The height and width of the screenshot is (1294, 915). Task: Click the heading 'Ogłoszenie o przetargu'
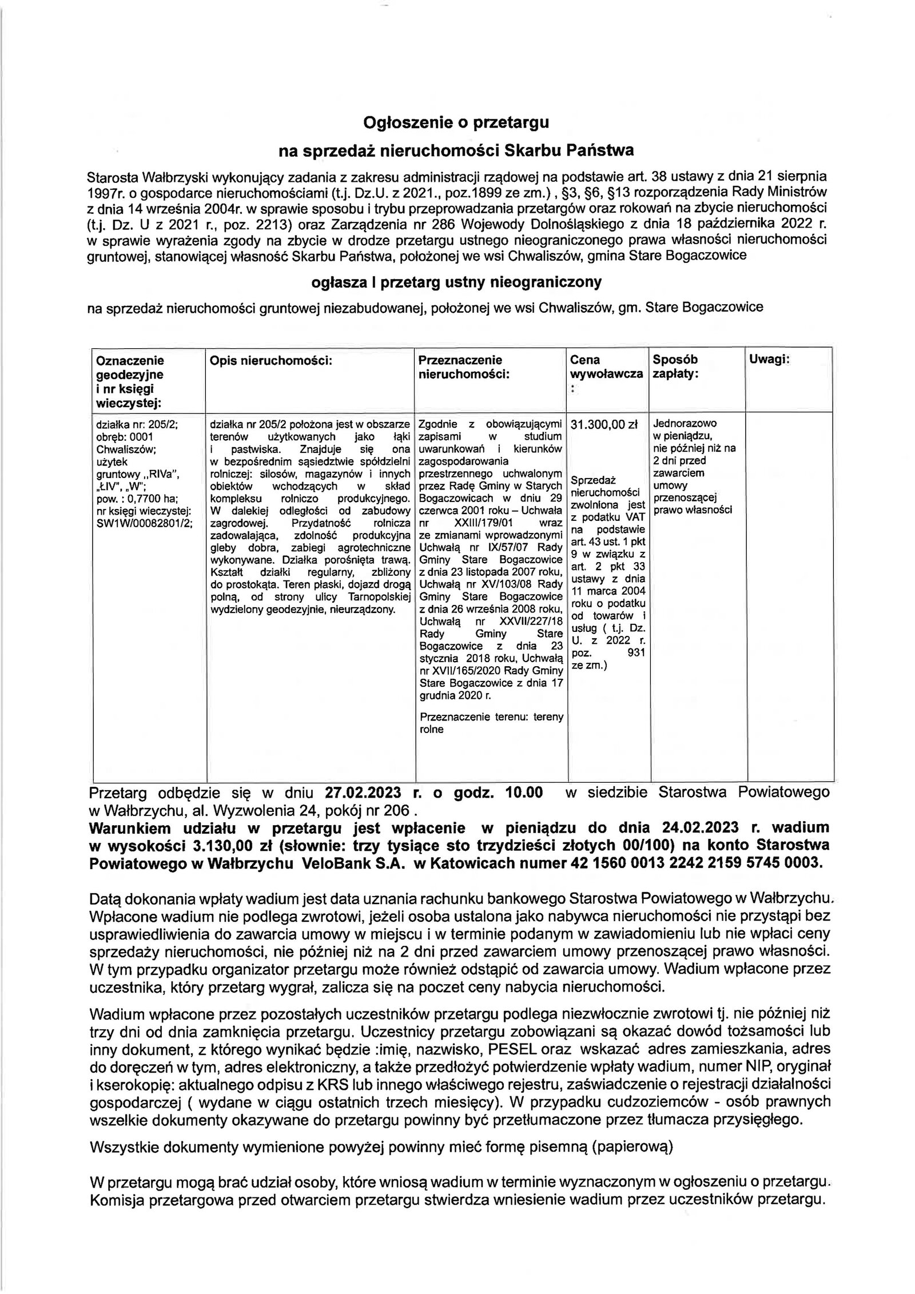[x=456, y=122]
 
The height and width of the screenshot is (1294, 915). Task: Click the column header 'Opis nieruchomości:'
[x=271, y=360]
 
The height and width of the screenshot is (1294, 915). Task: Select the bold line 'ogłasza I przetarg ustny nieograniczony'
[x=456, y=282]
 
